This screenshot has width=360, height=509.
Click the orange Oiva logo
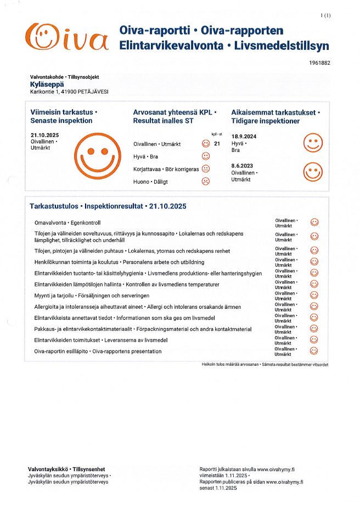[x=67, y=36]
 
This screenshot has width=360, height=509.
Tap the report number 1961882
[x=320, y=63]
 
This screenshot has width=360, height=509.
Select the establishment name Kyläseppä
[x=47, y=84]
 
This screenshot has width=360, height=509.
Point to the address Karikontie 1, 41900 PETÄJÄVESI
[x=69, y=92]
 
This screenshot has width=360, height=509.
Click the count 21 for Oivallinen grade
[x=217, y=144]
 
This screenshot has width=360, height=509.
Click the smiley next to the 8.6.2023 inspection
[x=313, y=172]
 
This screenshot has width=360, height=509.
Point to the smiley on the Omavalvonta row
[x=314, y=222]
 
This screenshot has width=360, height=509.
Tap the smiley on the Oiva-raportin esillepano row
[x=314, y=351]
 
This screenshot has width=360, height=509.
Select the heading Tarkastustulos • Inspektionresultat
[x=108, y=206]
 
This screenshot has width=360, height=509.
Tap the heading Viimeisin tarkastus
[x=64, y=112]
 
